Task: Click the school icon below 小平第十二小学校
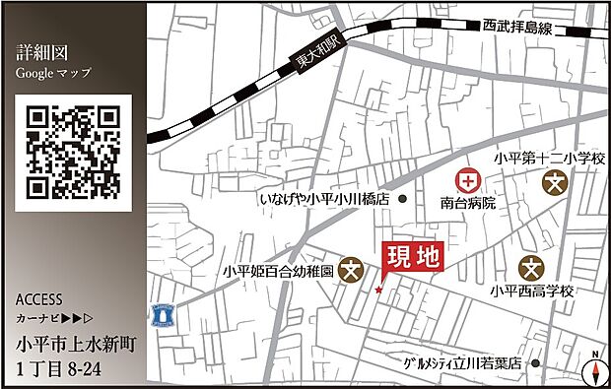(557, 183)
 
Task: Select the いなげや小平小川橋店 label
(324, 199)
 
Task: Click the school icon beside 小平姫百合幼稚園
(351, 268)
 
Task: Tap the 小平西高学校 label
(531, 292)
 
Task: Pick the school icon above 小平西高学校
(532, 267)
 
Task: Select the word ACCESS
(39, 299)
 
